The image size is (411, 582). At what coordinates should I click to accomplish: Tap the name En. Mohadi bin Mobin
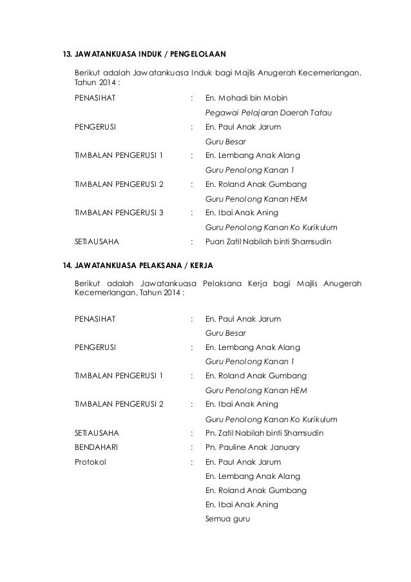pos(246,99)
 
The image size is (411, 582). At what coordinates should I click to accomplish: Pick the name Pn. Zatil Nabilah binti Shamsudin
pos(263,432)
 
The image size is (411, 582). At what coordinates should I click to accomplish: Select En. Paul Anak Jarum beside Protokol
pos(242,462)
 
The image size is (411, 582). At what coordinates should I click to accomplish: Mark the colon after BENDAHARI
pos(192,447)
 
